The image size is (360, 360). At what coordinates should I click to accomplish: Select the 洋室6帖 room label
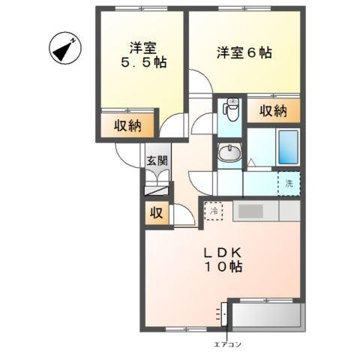pos(244,53)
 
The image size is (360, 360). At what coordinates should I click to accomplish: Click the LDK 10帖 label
pos(223,259)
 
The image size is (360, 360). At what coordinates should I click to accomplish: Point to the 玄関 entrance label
pos(157,160)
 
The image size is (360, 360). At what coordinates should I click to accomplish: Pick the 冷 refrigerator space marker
pos(214,212)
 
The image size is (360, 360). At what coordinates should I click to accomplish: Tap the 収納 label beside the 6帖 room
pos(274,111)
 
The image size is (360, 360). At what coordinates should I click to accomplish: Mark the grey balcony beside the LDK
pos(266,315)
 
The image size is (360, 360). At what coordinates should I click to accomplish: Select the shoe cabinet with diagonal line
pos(157,190)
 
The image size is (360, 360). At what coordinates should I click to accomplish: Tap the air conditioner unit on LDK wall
pos(223,313)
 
